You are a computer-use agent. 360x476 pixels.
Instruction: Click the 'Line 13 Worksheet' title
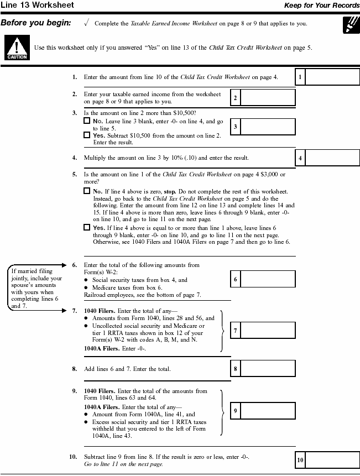coord(37,6)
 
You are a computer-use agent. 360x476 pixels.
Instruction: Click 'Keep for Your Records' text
coord(322,6)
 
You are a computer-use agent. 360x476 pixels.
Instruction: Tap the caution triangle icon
coord(13,48)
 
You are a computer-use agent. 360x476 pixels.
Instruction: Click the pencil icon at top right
coord(349,25)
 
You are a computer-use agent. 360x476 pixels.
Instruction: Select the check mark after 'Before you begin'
coord(86,23)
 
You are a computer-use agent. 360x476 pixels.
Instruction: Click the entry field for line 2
coord(268,98)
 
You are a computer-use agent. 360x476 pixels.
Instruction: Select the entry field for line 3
coord(268,127)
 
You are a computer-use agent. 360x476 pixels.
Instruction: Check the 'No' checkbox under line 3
coord(87,121)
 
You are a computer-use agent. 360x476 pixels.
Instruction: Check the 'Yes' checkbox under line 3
coord(87,135)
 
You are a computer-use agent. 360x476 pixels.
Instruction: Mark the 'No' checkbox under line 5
coord(87,191)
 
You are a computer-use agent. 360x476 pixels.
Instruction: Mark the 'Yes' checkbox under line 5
coord(87,227)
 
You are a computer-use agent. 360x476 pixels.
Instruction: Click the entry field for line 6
coord(268,280)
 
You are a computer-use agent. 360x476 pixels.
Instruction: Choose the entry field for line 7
coord(268,331)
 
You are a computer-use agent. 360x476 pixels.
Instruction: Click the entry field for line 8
coord(268,369)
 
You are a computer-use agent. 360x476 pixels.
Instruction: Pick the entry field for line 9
coord(268,411)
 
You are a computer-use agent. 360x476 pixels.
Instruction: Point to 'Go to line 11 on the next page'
coord(123,464)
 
